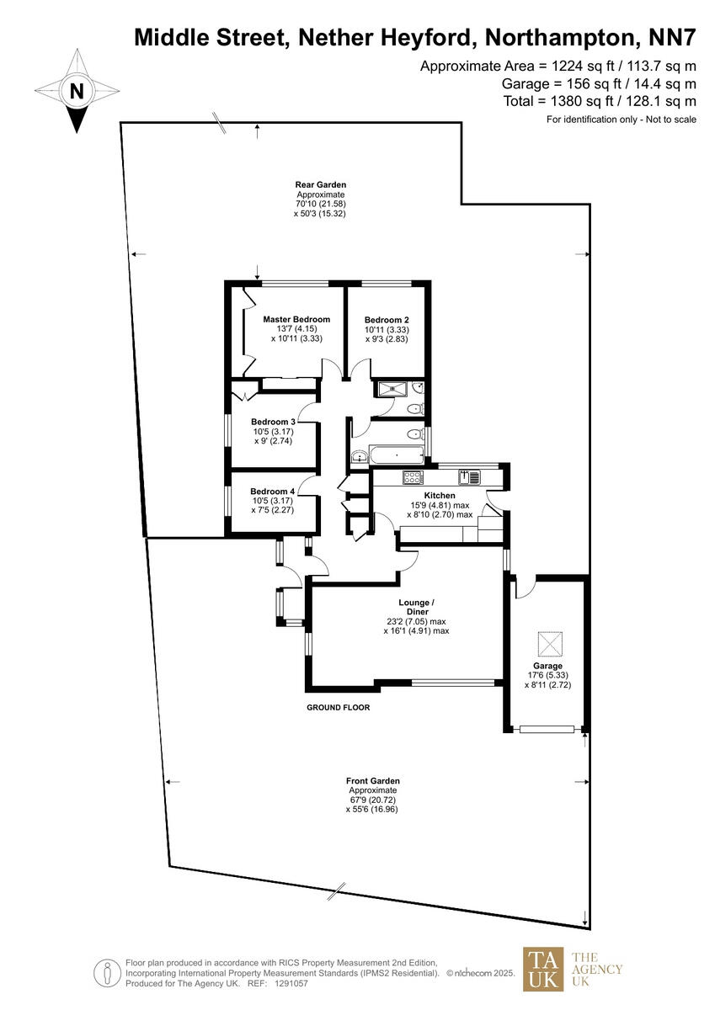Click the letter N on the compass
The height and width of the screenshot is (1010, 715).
(x=77, y=91)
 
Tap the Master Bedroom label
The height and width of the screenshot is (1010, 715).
(x=296, y=320)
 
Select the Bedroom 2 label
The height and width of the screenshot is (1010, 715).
(x=387, y=320)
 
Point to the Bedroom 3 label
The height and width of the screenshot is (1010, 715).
(x=273, y=422)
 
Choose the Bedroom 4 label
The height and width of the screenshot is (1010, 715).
(x=273, y=492)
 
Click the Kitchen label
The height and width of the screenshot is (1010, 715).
(x=440, y=496)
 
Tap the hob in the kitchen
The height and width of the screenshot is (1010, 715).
(x=414, y=477)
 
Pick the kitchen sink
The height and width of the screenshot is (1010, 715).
(x=470, y=476)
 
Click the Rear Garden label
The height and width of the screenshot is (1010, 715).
(x=320, y=184)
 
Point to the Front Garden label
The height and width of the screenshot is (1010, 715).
(x=373, y=781)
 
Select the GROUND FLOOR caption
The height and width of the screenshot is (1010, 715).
(x=338, y=708)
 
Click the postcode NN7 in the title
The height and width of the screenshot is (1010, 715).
(x=670, y=37)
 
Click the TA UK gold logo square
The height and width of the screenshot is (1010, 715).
(x=543, y=969)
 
